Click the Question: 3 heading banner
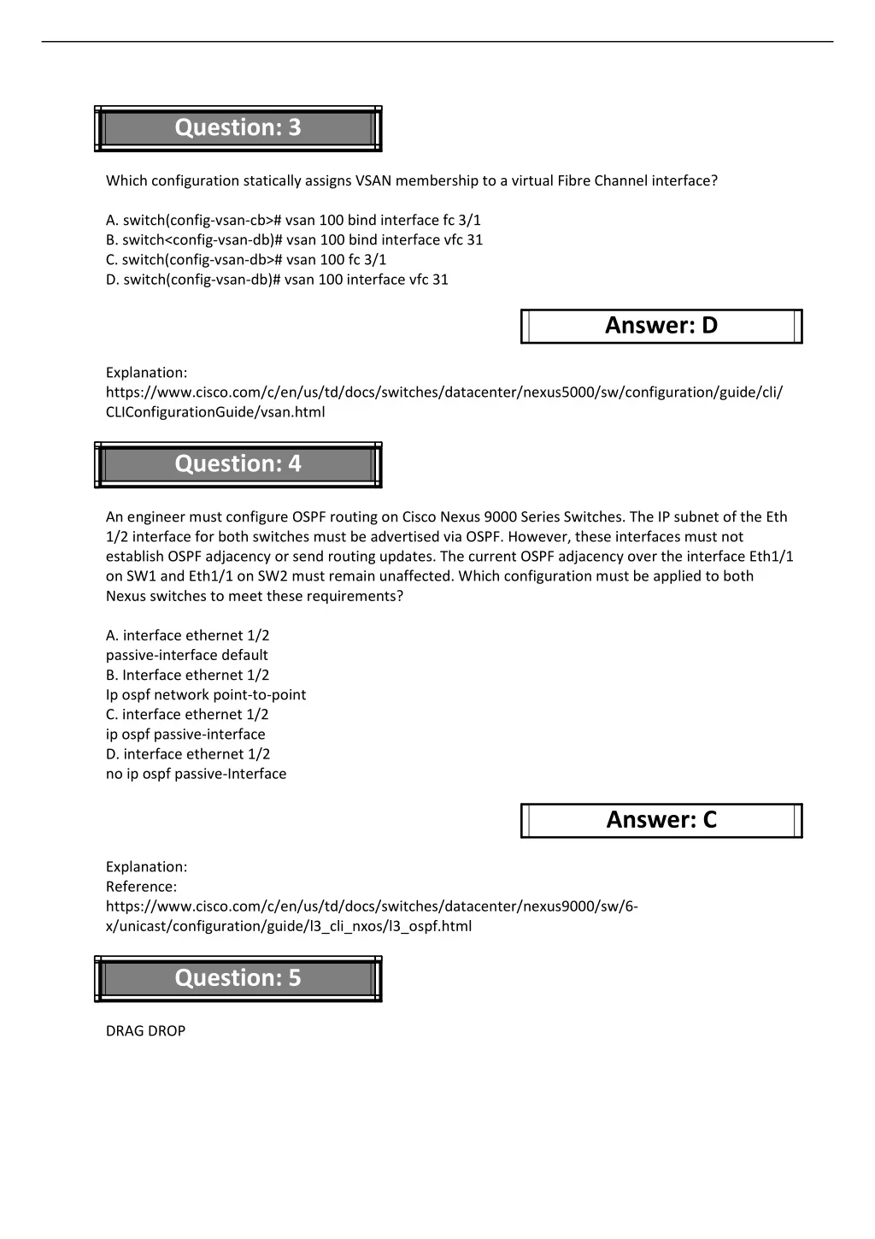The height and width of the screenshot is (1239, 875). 238,128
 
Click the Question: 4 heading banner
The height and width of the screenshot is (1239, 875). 238,464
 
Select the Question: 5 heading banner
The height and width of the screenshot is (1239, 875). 238,978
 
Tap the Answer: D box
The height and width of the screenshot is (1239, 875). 661,326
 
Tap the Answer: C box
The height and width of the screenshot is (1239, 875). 661,820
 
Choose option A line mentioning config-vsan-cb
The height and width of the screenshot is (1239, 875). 293,221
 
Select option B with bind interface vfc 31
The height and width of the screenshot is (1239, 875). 294,240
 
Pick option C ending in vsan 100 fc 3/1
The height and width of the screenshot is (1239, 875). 246,260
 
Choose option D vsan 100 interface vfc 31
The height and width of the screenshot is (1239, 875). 277,280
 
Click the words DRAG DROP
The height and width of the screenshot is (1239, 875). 145,1031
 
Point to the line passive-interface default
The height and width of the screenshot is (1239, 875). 186,655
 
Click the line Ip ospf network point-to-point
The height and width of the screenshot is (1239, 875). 205,694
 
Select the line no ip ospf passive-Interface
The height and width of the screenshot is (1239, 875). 196,774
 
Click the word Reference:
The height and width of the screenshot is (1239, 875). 141,887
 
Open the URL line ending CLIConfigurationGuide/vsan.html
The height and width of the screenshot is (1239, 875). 214,412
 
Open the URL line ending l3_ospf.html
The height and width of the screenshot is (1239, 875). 288,926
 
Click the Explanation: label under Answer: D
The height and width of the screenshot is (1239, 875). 146,373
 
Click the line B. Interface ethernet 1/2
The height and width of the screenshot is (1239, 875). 187,675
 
